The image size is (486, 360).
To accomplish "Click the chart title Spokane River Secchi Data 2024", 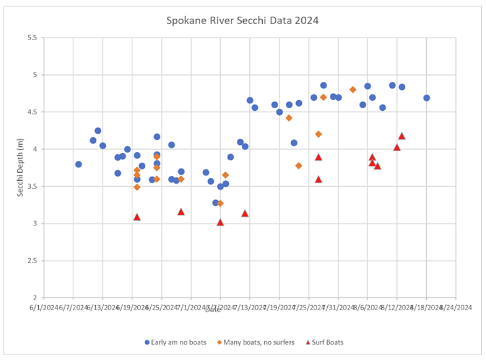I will click(242, 21).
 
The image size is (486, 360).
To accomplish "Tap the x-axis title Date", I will click(213, 309).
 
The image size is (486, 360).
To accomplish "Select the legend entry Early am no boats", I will click(175, 342).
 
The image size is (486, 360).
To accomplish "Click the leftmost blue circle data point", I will click(79, 164).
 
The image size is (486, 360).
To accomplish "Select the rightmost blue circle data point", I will click(427, 98).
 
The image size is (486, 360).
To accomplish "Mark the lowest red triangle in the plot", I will click(220, 222).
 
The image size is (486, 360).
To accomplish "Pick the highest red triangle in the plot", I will click(402, 136).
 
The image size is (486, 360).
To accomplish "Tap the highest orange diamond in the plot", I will click(353, 89).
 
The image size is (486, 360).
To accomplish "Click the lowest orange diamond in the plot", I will click(220, 203).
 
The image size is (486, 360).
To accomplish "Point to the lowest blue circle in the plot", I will click(215, 203).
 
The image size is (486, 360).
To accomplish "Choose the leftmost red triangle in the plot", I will click(137, 217).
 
